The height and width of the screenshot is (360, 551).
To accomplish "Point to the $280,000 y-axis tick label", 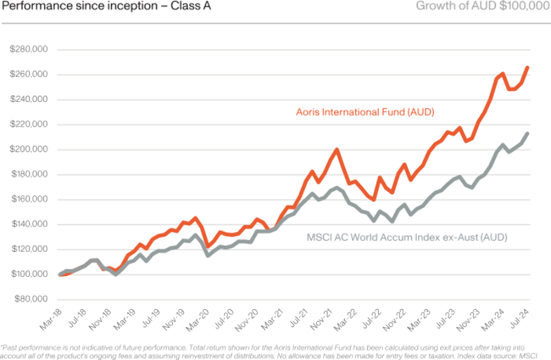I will click(x=28, y=50).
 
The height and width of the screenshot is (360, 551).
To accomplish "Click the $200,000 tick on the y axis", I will click(x=28, y=149).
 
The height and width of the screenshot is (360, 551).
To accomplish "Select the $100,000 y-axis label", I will click(x=28, y=275).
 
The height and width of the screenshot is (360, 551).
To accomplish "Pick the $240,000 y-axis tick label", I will click(x=28, y=100).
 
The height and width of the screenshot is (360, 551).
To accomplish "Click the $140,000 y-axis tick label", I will click(x=28, y=224).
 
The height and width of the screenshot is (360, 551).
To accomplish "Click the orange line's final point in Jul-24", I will click(x=528, y=66).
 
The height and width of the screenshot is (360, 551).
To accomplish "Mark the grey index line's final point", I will click(x=528, y=132).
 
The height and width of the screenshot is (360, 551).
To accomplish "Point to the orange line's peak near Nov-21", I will click(x=337, y=148).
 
